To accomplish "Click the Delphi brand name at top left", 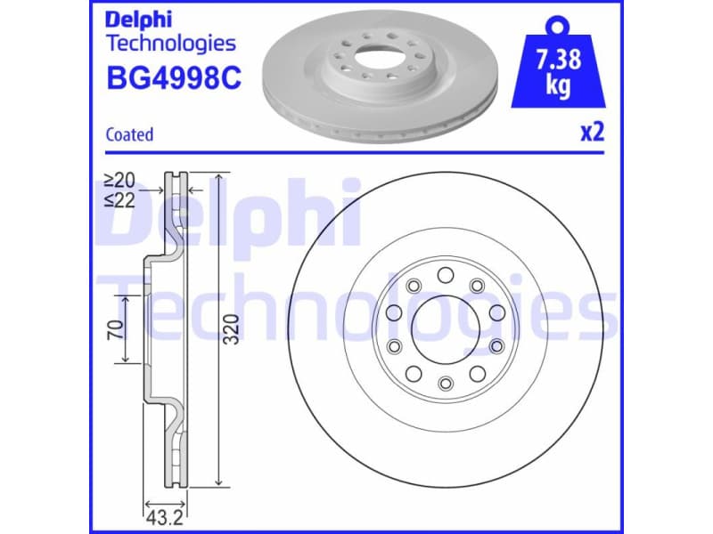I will (139, 19).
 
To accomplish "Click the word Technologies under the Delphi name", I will (171, 43).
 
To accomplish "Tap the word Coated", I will (129, 134).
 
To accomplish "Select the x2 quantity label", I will (592, 133).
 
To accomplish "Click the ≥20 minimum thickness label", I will (119, 180).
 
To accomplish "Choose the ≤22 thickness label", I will (119, 199).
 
